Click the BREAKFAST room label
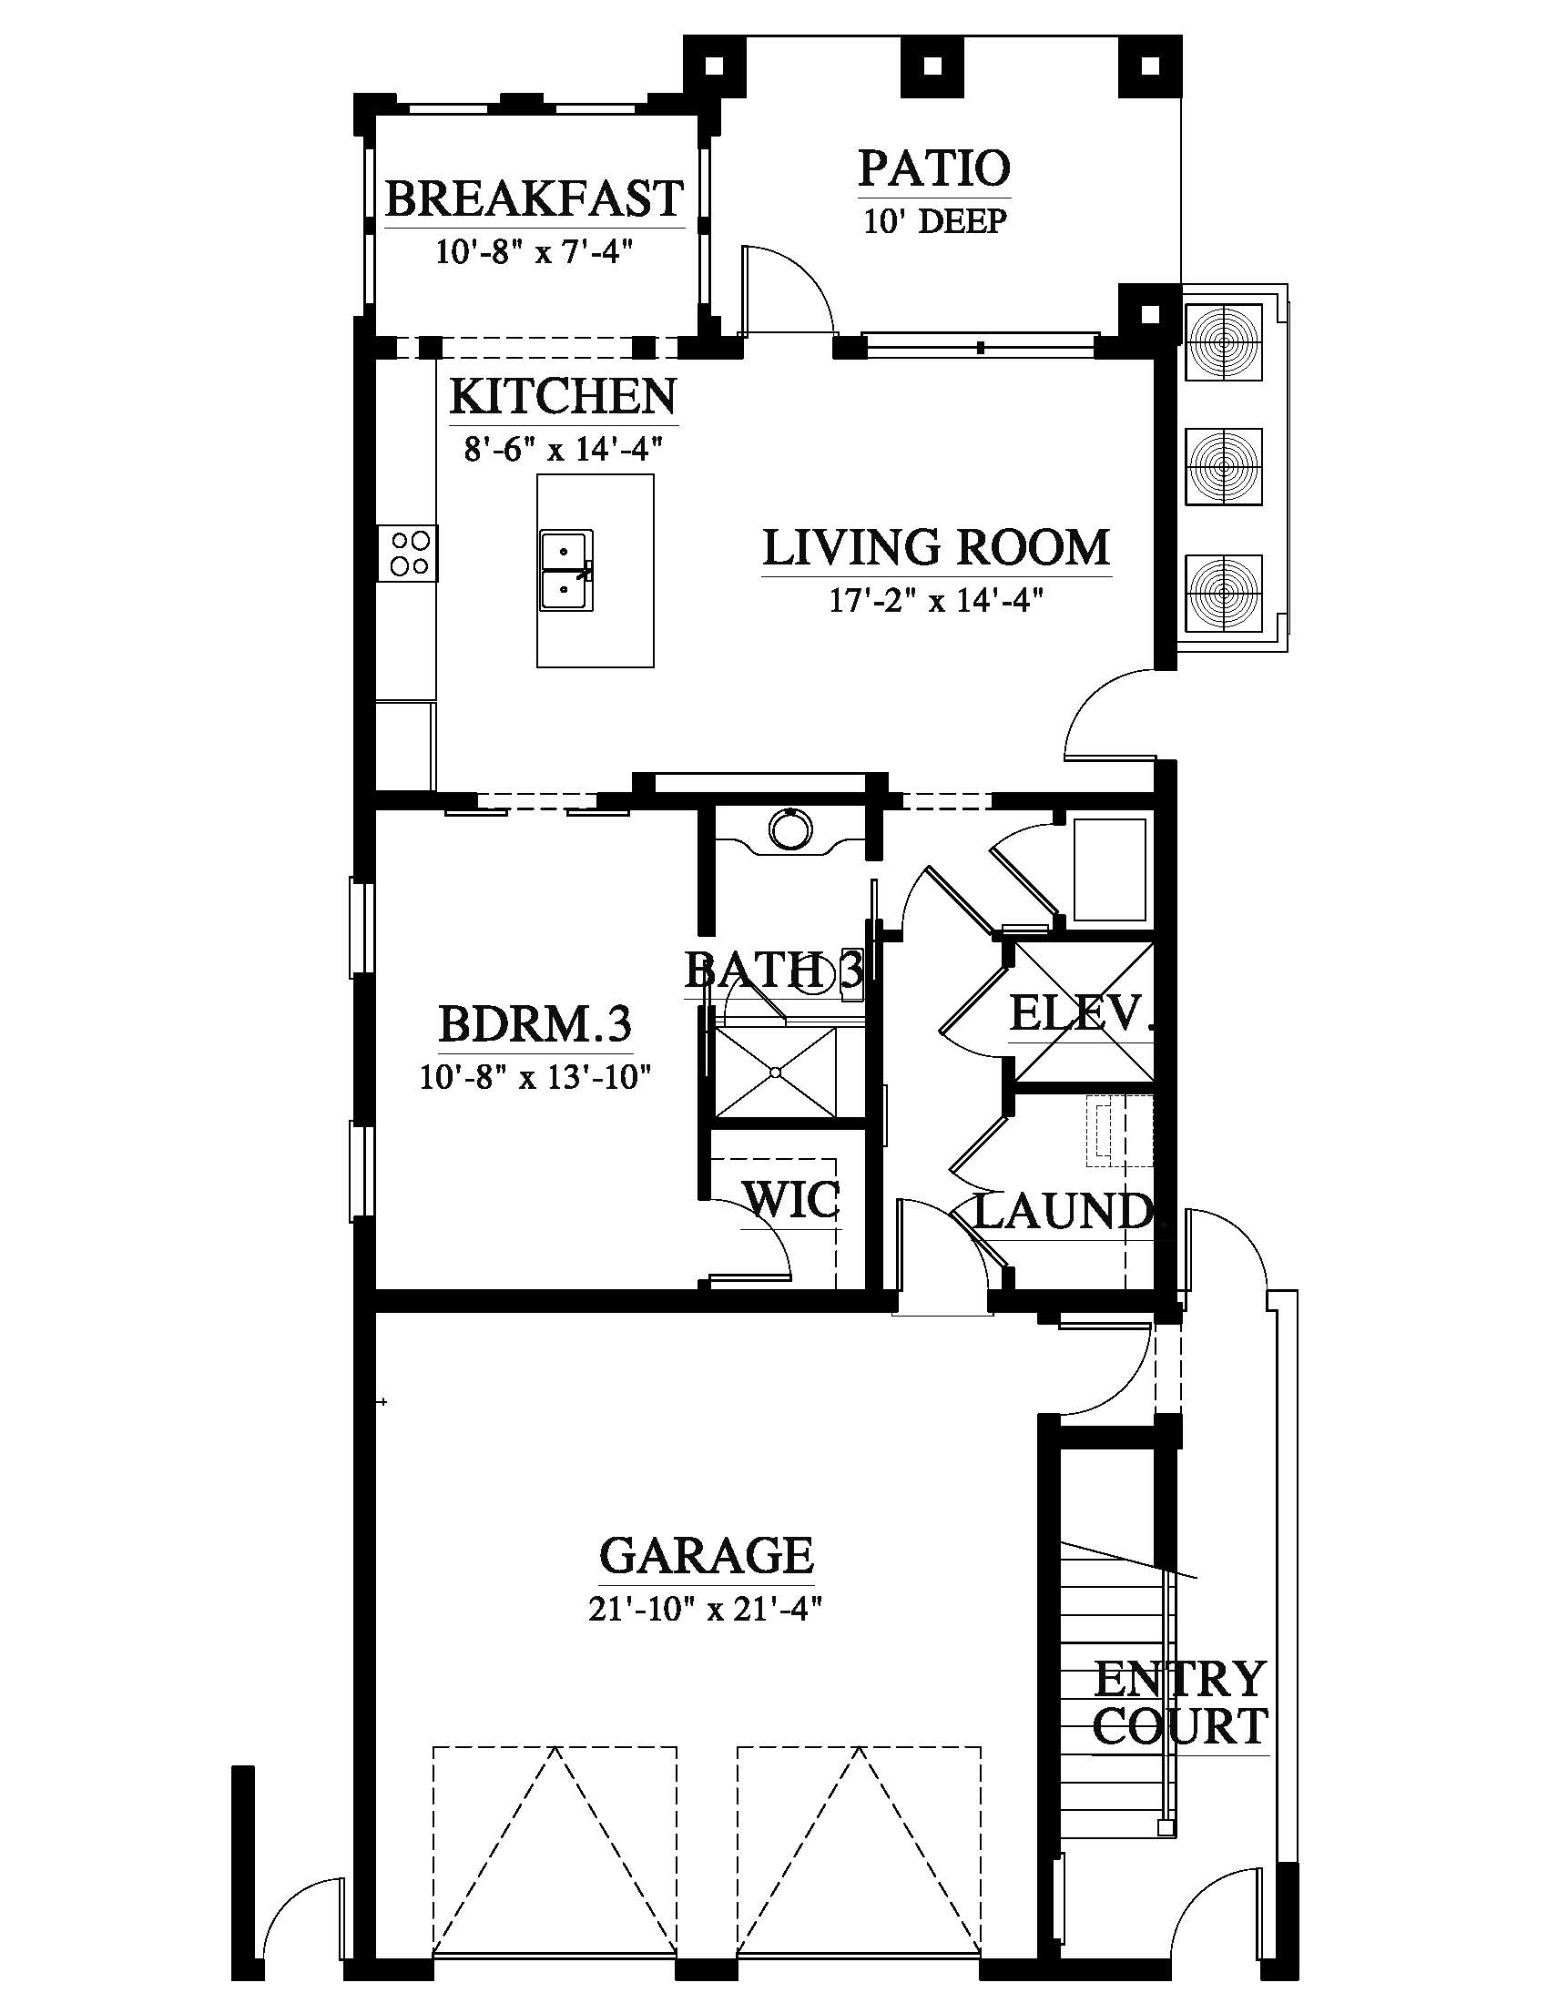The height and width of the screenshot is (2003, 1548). click(x=534, y=198)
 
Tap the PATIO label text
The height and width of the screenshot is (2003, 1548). click(x=934, y=168)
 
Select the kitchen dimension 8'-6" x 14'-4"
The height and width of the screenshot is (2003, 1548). click(x=563, y=449)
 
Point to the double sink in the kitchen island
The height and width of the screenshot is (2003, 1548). click(x=566, y=571)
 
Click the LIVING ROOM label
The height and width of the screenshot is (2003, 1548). click(x=936, y=547)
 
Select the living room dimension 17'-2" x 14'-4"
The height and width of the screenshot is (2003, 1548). click(x=936, y=600)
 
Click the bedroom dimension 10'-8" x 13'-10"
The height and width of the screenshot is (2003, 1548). click(x=535, y=1076)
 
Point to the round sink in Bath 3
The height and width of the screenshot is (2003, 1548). click(x=789, y=829)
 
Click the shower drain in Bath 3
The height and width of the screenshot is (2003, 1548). click(x=776, y=1073)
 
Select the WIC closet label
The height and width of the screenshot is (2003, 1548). click(x=791, y=1200)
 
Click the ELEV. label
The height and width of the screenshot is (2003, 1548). click(x=1080, y=1013)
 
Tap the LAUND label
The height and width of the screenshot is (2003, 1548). click(x=1062, y=1212)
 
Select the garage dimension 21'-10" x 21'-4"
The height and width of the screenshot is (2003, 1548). click(x=704, y=1609)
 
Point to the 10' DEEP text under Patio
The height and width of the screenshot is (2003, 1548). click(x=934, y=221)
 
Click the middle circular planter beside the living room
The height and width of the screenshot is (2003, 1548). click(x=1224, y=467)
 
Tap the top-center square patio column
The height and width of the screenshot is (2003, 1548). click(x=933, y=66)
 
